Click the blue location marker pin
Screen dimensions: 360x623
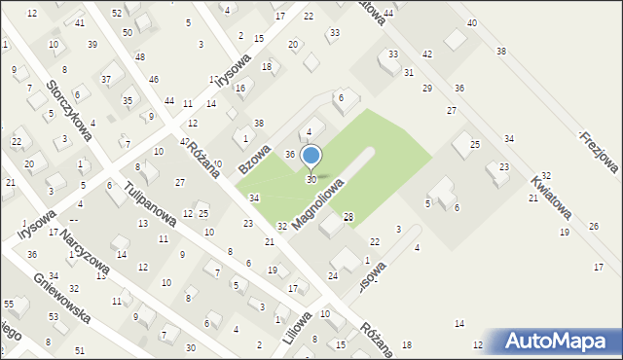pos(311,157)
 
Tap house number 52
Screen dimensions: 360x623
pos(117,13)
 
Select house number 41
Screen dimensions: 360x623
pos(80,22)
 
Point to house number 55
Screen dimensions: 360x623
pos(8,305)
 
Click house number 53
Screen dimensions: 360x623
pos(55,317)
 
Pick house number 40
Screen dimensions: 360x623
pos(472,22)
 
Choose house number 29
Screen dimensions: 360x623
pos(426,89)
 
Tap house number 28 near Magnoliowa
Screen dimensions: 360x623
pos(348,216)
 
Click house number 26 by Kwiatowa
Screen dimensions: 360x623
pos(594,227)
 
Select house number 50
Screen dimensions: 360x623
pos(128,32)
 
